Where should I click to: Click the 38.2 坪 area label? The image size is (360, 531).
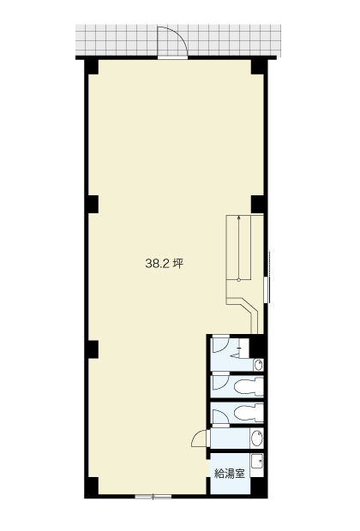coord(165,264)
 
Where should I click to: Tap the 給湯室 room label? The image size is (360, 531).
coord(230,474)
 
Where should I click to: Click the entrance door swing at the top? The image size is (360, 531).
coord(172,40)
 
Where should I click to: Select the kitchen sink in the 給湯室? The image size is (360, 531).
coord(257,461)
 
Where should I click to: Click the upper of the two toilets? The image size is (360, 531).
coord(249,386)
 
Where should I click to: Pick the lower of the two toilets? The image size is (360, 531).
coord(249,413)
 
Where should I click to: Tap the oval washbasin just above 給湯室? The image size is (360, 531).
coord(257,439)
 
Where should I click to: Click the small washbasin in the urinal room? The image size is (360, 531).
coord(258,365)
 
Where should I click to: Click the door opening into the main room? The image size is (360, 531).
coord(200,439)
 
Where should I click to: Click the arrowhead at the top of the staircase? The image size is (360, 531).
coord(239,218)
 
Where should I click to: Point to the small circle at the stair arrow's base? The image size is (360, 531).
coord(239,280)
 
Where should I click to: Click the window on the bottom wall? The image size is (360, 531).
coord(153,497)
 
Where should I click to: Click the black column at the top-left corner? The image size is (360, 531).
coord(92,67)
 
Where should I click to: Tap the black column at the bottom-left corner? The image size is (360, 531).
coord(92,487)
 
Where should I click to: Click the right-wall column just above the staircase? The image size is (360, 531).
coord(258,205)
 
